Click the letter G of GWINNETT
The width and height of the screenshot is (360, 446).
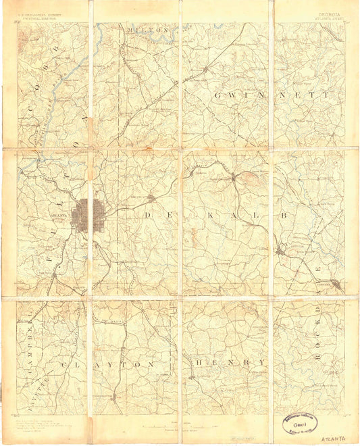point(217,96)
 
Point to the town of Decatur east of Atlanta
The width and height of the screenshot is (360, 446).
point(152,198)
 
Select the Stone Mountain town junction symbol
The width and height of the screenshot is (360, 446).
point(234,178)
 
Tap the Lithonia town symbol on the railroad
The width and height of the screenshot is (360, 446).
point(280,251)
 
